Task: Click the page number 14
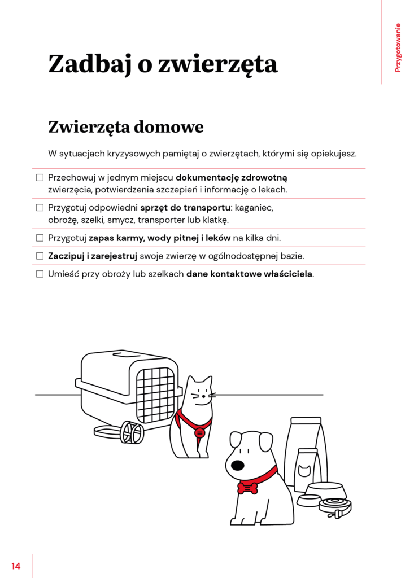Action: [16, 566]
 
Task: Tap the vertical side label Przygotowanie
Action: [398, 47]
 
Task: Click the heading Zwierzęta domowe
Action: [125, 126]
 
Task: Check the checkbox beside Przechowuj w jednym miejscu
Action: [40, 177]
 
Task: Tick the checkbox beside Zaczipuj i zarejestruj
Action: [40, 256]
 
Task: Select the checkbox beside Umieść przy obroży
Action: [40, 274]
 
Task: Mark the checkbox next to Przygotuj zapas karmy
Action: [40, 238]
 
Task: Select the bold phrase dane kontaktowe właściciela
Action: [249, 274]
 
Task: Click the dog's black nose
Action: [238, 465]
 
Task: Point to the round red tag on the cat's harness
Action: [199, 433]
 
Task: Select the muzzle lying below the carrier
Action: [131, 432]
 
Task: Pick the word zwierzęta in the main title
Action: [218, 64]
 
